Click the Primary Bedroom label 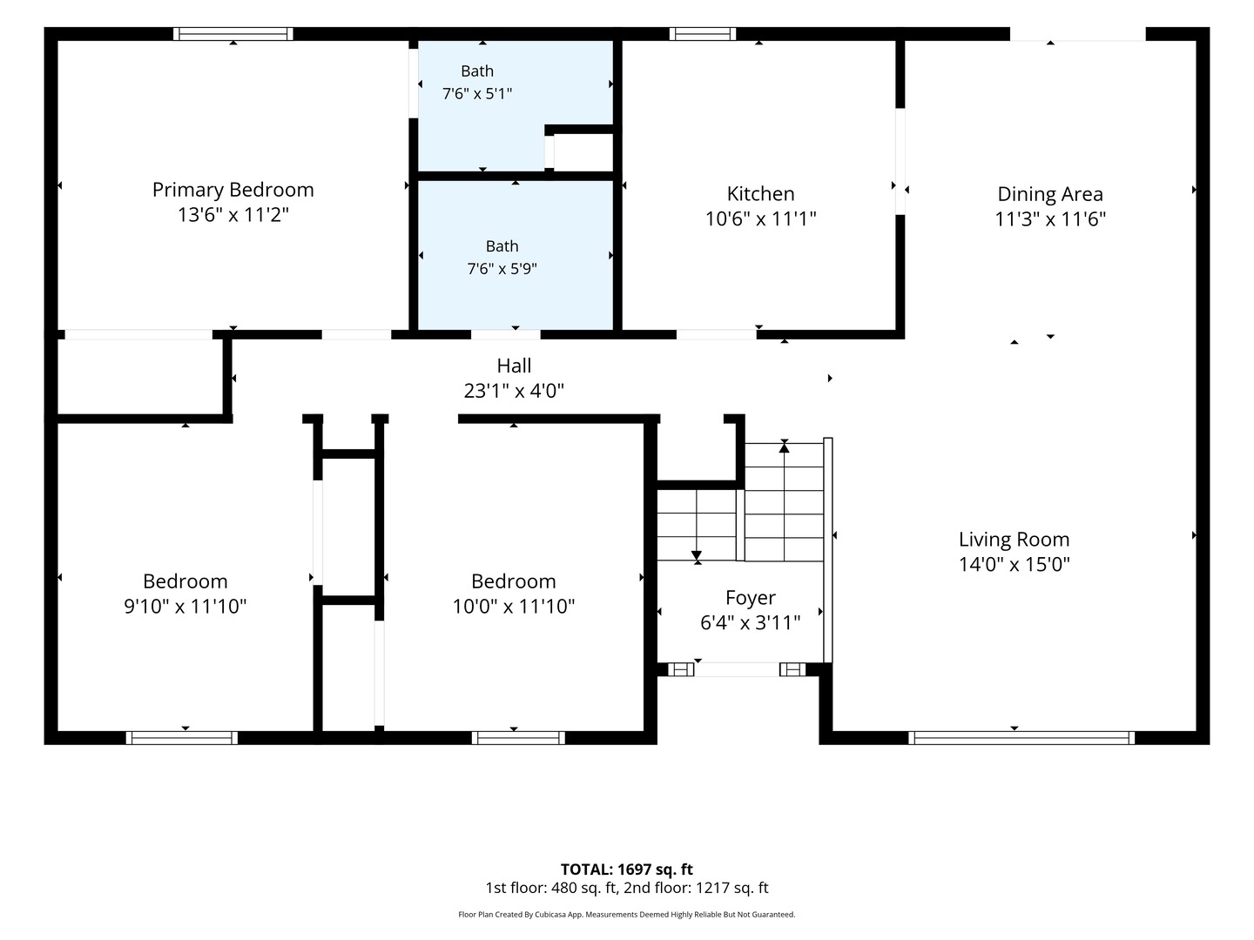pyautogui.click(x=233, y=190)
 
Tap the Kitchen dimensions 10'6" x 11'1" pyautogui.click(x=760, y=218)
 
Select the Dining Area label pyautogui.click(x=1050, y=194)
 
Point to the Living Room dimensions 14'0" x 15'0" pyautogui.click(x=1014, y=565)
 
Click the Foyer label pyautogui.click(x=750, y=598)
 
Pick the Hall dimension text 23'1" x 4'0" pyautogui.click(x=514, y=391)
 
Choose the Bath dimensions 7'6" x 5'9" pyautogui.click(x=502, y=268)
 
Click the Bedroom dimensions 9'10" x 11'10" pyautogui.click(x=185, y=606)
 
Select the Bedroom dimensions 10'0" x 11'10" pyautogui.click(x=514, y=606)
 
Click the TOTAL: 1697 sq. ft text pyautogui.click(x=627, y=869)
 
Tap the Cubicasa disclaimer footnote pyautogui.click(x=627, y=915)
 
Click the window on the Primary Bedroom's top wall pyautogui.click(x=233, y=34)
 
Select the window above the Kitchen pyautogui.click(x=703, y=34)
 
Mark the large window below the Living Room pyautogui.click(x=1021, y=738)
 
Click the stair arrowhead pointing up pyautogui.click(x=785, y=447)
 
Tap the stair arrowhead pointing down pyautogui.click(x=697, y=555)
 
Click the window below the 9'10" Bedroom pyautogui.click(x=182, y=738)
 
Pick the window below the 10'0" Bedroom pyautogui.click(x=518, y=738)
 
